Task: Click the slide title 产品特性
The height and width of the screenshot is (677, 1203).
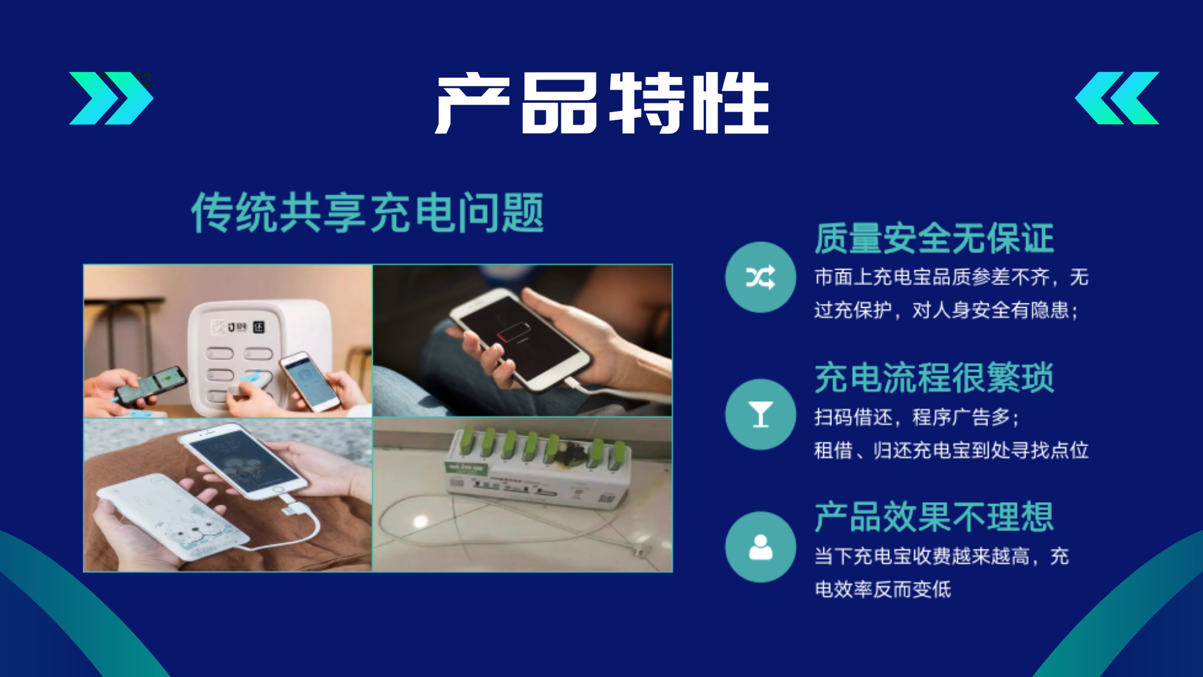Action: tap(603, 103)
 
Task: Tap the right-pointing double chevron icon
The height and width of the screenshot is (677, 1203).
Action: tap(111, 98)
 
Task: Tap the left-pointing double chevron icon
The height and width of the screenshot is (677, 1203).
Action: tap(1117, 98)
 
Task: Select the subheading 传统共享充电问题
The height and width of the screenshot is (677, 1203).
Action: tap(367, 213)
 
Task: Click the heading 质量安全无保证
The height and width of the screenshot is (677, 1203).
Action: tap(934, 239)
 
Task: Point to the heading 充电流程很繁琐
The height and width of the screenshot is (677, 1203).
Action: tap(934, 378)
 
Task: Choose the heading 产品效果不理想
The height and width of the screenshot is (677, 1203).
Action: tap(934, 517)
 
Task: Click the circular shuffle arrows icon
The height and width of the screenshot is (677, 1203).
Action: tap(761, 277)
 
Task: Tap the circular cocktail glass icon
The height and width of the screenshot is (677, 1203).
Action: tap(761, 414)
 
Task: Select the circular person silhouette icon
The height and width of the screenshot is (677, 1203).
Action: tap(761, 547)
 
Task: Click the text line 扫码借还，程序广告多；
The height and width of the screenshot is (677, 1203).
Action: tap(918, 417)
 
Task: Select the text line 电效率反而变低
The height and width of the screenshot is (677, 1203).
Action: tap(883, 589)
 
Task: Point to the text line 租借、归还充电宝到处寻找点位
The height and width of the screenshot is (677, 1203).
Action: tap(951, 450)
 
